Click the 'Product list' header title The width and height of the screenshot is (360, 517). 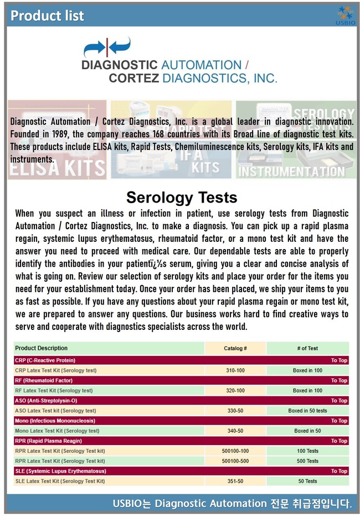(x=47, y=15)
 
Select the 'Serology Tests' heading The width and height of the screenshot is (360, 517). (x=182, y=197)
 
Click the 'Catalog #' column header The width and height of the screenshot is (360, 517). (x=235, y=348)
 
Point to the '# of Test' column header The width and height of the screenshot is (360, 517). (x=307, y=348)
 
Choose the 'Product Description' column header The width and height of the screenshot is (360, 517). (x=42, y=348)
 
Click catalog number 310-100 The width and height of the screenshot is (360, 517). (x=235, y=370)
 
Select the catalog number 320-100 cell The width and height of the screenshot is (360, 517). (x=235, y=390)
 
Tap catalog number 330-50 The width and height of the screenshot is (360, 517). (x=235, y=411)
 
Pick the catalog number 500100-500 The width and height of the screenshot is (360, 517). (x=235, y=461)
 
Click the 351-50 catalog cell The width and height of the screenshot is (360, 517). (x=235, y=481)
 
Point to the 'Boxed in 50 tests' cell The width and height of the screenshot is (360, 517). (x=307, y=411)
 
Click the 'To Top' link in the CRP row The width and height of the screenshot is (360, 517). (x=339, y=360)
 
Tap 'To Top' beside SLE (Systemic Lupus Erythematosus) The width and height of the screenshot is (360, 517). (x=339, y=471)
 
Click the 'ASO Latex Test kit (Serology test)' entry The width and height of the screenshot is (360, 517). (x=55, y=411)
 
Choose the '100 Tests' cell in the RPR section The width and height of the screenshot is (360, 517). (x=307, y=451)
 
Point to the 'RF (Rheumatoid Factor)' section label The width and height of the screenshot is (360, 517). (x=44, y=380)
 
